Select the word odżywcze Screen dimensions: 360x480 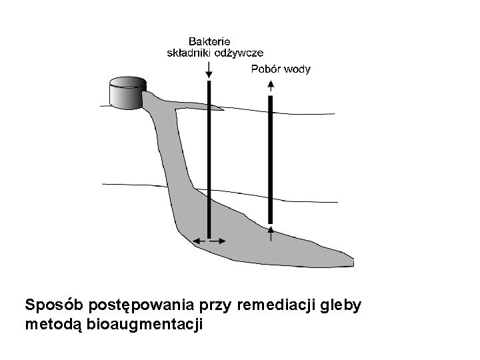[x=239, y=53]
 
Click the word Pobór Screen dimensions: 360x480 [x=266, y=69]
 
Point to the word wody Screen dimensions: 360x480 [x=297, y=69]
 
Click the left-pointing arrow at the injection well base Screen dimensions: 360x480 [x=198, y=241]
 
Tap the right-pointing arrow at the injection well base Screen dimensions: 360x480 [x=219, y=241]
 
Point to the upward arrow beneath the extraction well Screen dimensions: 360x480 [x=271, y=233]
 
